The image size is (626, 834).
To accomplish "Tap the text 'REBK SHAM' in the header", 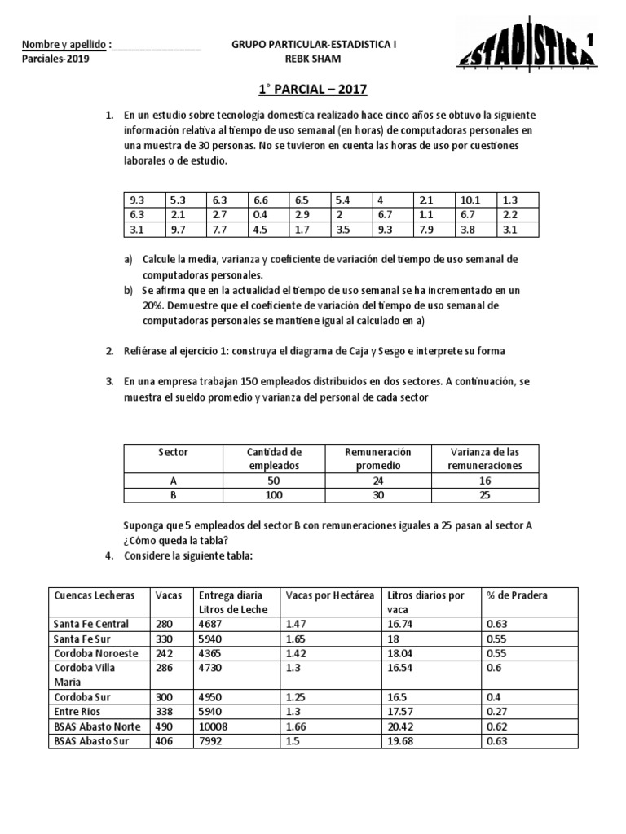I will (313, 59).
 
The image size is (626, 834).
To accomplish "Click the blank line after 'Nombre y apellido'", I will (156, 45).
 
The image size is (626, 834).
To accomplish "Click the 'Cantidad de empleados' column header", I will (274, 459).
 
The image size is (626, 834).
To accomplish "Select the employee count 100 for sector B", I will (274, 495).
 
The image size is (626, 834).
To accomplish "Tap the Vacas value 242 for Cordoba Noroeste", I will (165, 653).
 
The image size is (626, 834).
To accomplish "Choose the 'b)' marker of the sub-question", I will (128, 290).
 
